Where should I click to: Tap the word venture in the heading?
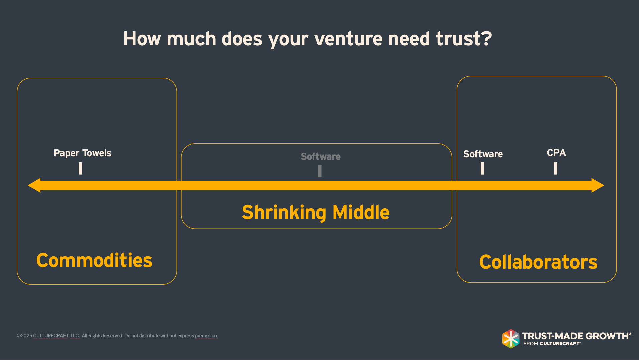pos(348,39)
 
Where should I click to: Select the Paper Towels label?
pos(82,153)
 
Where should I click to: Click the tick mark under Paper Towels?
pos(80,168)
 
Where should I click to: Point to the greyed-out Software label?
pos(321,156)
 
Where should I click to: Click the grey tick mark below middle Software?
pos(320,171)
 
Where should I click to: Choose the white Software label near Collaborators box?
pos(483,154)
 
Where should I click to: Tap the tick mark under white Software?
pos(482,168)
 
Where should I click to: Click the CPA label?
pos(556,153)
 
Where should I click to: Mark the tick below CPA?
pos(555,168)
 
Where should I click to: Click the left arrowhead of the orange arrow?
pos(34,185)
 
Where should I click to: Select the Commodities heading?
pos(94,260)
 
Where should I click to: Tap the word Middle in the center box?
pos(361,212)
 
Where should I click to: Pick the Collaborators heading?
pos(538,262)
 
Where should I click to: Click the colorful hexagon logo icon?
pos(510,339)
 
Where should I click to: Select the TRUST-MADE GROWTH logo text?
pos(576,336)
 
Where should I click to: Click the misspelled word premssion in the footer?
pos(206,336)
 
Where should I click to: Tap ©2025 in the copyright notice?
pos(24,336)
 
